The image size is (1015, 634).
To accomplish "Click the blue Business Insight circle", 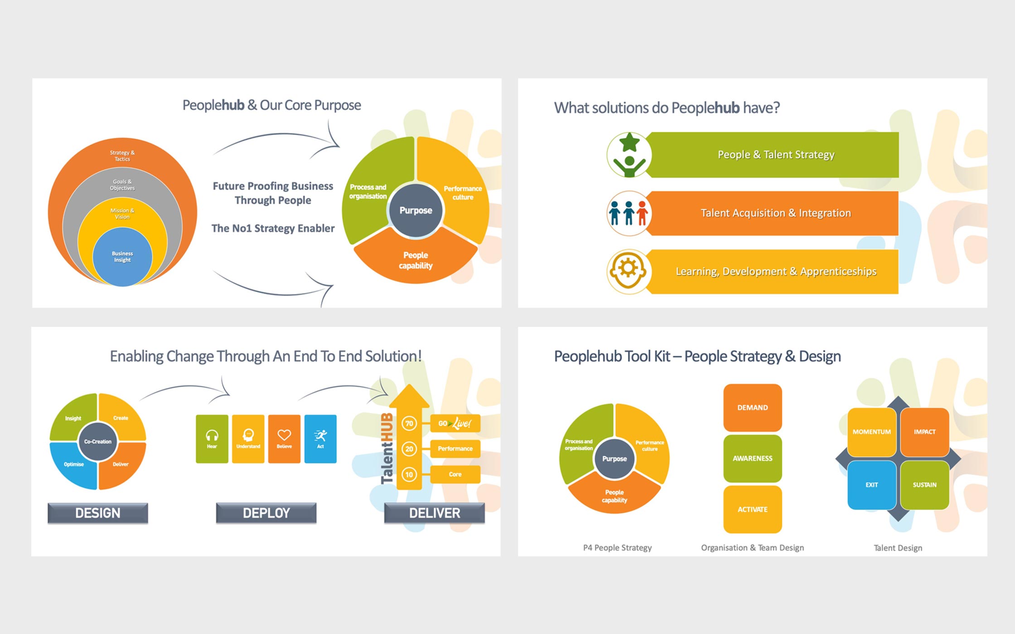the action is point(122,257).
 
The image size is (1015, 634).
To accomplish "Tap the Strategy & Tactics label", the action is point(122,156).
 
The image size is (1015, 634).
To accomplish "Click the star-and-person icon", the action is point(629,155).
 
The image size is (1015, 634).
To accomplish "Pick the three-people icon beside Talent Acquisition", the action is point(629,213).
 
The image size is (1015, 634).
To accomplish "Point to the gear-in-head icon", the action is point(629,272).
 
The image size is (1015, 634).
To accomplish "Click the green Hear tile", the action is point(212,439).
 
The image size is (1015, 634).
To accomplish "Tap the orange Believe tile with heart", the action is point(284,439).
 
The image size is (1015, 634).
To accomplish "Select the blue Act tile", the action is point(320,439).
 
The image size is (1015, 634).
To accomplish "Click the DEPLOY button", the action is point(266,513).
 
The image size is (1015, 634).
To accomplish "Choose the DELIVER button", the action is point(435,513).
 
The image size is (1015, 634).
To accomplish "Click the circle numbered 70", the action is point(409,423).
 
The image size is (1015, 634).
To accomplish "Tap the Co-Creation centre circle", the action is point(98,442).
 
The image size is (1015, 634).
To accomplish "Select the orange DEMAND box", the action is point(753,408).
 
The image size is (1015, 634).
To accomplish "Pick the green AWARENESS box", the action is point(753,458).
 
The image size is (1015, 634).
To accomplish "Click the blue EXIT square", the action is point(872,485).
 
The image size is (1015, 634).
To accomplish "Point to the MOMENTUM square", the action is point(872,432).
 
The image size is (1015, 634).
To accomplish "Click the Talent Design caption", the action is point(898,548).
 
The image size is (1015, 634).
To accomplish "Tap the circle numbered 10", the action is point(409,475).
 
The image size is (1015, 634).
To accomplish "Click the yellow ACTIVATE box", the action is point(753,509).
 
